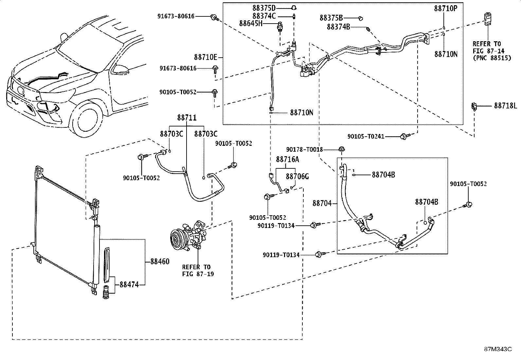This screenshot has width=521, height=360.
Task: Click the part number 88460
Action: pos(160,261)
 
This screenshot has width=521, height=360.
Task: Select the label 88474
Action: pos(129,285)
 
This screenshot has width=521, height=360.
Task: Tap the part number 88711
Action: pos(187,118)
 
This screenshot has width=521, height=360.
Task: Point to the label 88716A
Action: pos(287,160)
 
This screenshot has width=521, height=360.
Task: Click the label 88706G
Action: pos(297,177)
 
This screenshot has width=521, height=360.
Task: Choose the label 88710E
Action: pos(206,57)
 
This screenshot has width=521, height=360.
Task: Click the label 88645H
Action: pos(251,23)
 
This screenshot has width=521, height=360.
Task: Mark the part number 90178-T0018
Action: pos(304,149)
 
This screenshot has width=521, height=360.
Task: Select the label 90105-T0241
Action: pos(366,136)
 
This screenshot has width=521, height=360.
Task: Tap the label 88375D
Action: pos(264,8)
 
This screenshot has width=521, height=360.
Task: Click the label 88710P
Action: pos(445,9)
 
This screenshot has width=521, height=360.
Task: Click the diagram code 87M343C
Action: pos(498,349)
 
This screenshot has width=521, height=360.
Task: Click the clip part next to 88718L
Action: pos(474,106)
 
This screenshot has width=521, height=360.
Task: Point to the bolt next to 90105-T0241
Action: pos(404,136)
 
